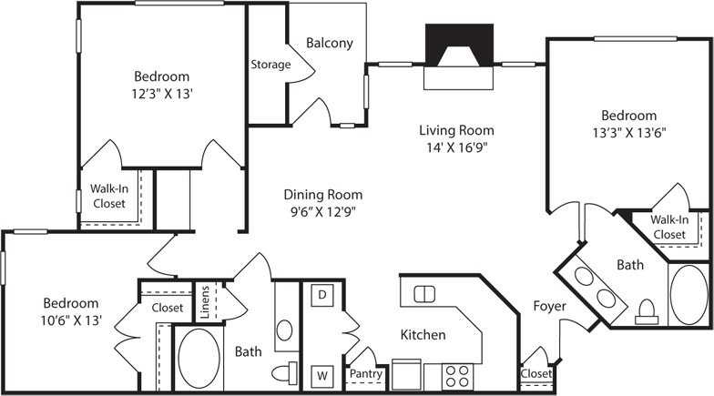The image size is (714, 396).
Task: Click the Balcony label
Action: click(x=329, y=43)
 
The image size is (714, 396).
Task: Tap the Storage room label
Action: click(x=270, y=65)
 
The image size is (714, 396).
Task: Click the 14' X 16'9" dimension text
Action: click(x=454, y=147)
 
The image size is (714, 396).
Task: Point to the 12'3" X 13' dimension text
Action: click(x=161, y=93)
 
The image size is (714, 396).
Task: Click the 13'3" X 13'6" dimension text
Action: click(x=628, y=132)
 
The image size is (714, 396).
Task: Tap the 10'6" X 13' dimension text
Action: click(x=69, y=320)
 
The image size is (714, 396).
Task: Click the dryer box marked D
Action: click(x=321, y=294)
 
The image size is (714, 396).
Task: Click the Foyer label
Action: click(x=549, y=306)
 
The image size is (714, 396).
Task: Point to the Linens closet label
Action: click(x=205, y=301)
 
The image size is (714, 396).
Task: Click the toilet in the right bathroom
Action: click(x=648, y=312)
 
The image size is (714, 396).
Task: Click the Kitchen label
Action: click(x=423, y=335)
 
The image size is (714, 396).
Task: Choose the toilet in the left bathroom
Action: click(x=286, y=374)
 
